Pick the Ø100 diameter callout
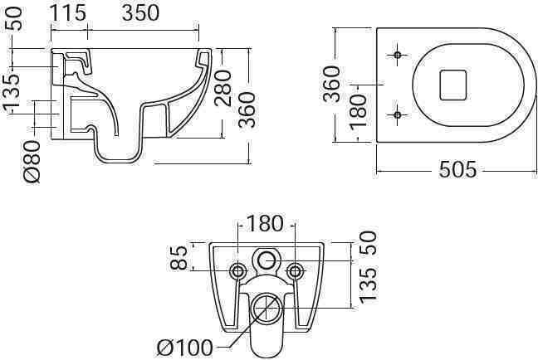[188, 345]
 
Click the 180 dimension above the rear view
[264, 223]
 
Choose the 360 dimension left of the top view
[330, 84]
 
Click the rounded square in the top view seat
[452, 84]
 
